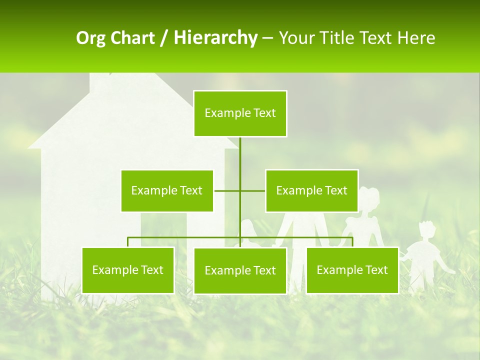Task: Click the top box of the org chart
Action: [x=240, y=113]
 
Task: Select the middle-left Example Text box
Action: [x=167, y=190]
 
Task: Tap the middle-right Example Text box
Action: [x=311, y=190]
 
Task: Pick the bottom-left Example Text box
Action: [x=128, y=270]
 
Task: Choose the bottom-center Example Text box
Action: [x=240, y=270]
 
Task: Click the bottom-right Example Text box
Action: [x=352, y=270]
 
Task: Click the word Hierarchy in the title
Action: [x=215, y=38]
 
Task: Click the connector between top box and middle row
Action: [x=240, y=155]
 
